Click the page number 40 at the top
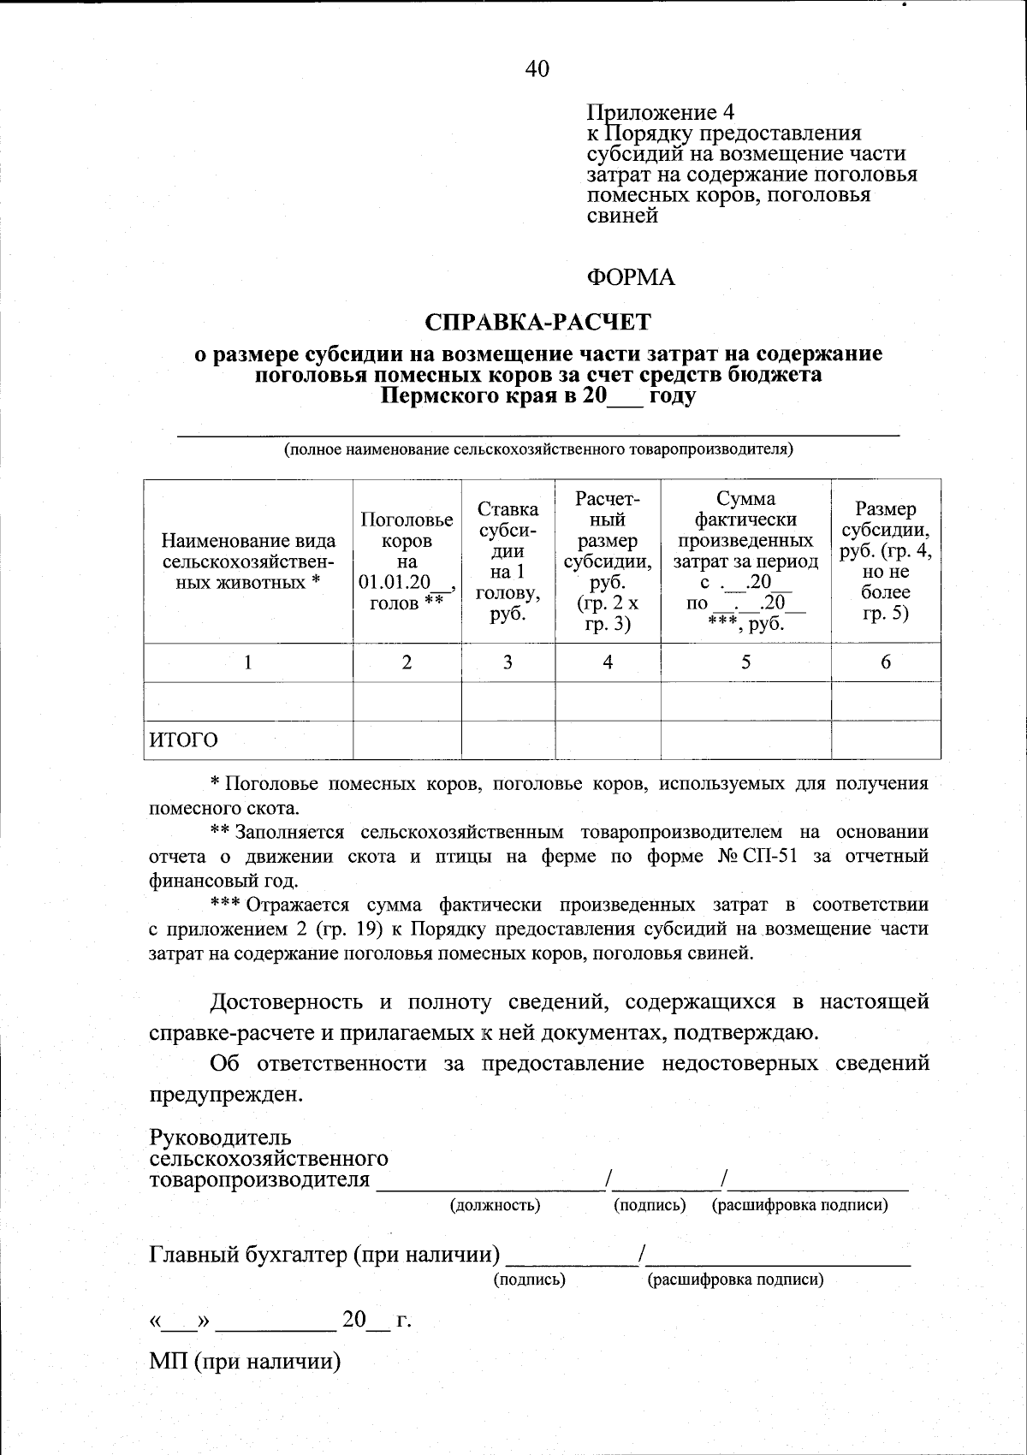[537, 69]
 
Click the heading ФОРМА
[631, 278]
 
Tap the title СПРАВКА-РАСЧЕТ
[538, 322]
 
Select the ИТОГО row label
[184, 740]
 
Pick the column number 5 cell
[745, 662]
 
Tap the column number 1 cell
[248, 662]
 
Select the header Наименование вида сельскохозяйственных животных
[248, 561]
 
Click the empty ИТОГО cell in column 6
[885, 740]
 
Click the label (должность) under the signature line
[495, 1205]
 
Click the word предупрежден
[226, 1095]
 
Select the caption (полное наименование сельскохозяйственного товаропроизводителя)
[538, 449]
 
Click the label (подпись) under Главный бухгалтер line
[530, 1280]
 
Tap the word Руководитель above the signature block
[221, 1138]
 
